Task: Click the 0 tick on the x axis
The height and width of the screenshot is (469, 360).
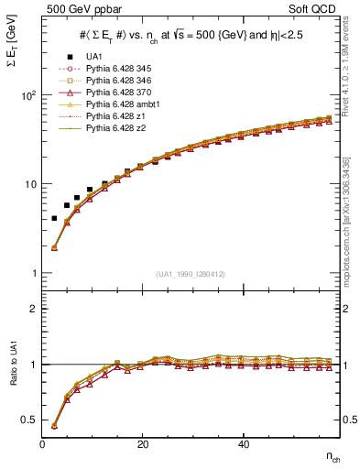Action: pyautogui.click(x=43, y=444)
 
